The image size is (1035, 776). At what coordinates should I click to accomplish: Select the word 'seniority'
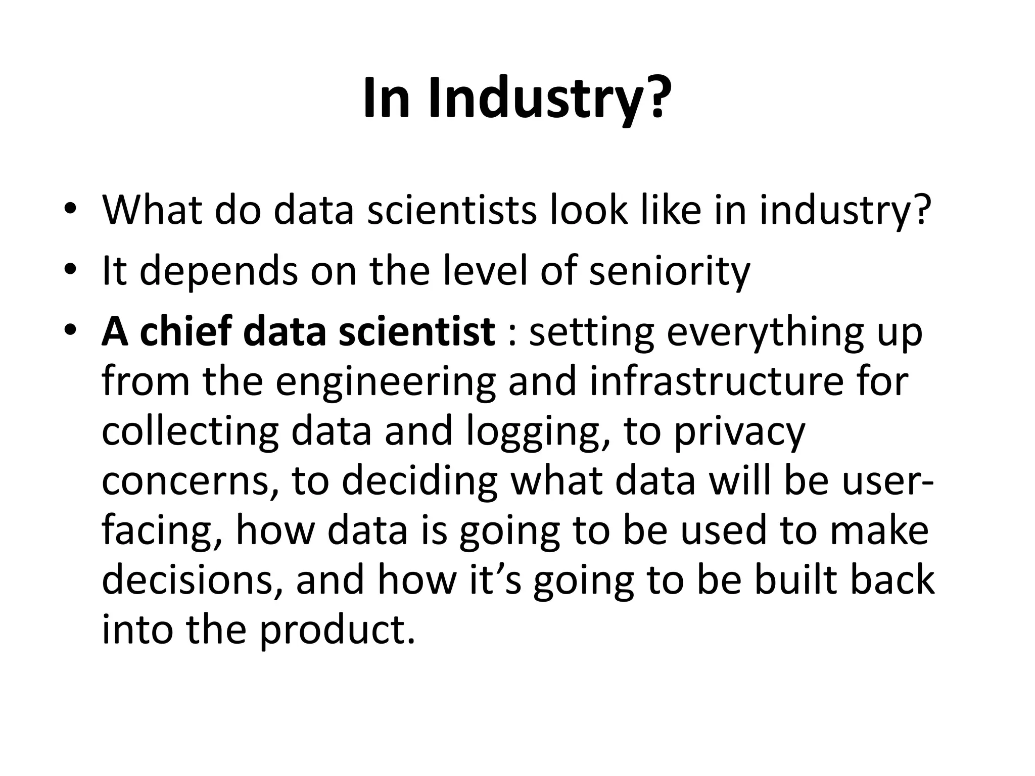pyautogui.click(x=670, y=272)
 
